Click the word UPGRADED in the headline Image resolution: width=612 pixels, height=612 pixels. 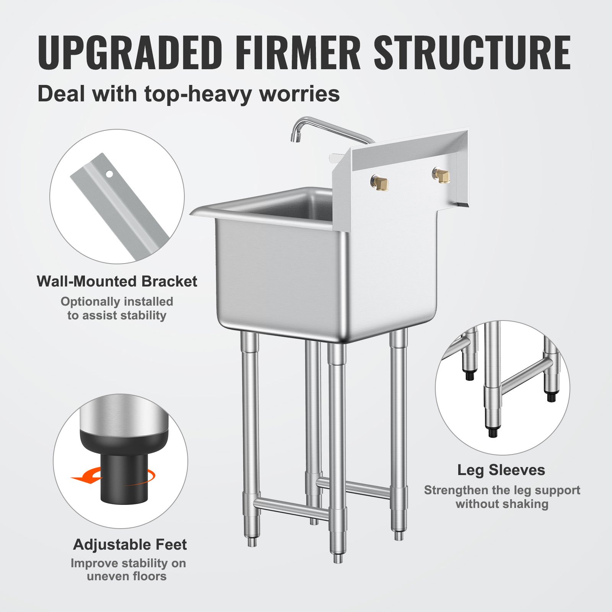[130, 52]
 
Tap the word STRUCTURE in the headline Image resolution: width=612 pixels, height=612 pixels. [472, 52]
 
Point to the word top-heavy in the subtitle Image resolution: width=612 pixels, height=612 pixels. [199, 94]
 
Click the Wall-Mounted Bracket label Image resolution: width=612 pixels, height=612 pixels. [117, 282]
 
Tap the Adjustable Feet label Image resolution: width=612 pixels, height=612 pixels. [130, 545]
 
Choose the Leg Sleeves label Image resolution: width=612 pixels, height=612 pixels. [501, 470]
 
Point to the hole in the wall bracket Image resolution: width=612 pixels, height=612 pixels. [110, 174]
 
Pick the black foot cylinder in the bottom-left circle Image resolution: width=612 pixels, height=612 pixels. [123, 482]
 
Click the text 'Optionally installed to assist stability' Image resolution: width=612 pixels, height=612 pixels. [117, 308]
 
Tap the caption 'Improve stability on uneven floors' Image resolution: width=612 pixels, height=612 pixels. [128, 570]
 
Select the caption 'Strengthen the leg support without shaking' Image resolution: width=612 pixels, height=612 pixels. [501, 497]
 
